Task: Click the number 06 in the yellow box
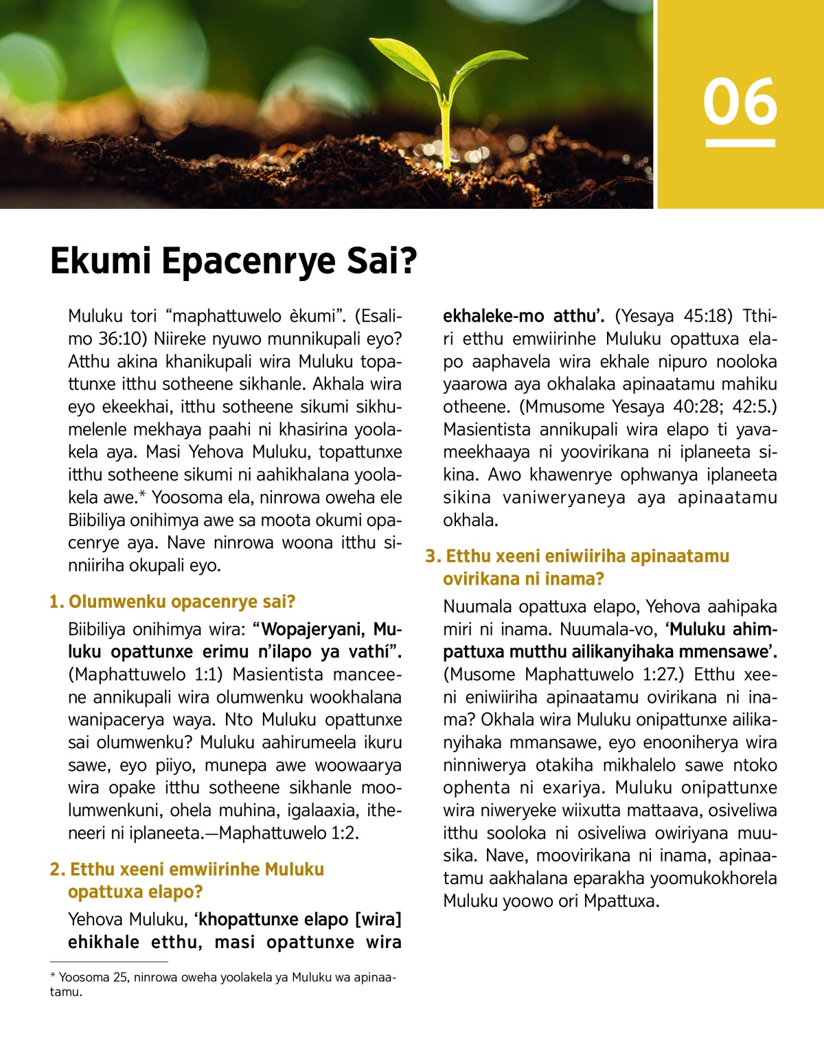(740, 102)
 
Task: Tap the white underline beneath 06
(740, 143)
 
